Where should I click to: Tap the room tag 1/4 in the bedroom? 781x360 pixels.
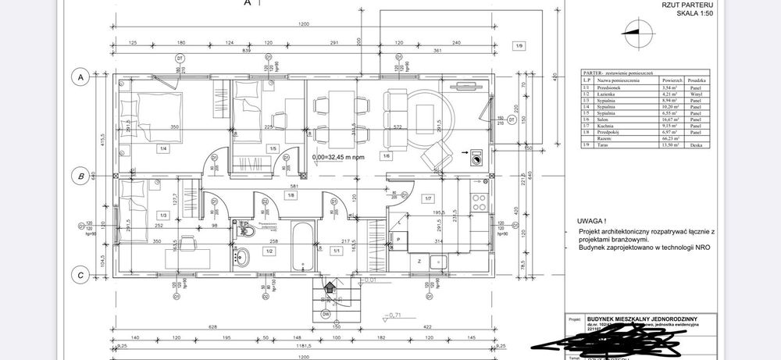point(163,148)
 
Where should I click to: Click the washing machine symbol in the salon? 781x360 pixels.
point(476,161)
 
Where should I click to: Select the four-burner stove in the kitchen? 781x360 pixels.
point(479,202)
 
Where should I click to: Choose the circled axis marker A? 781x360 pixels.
point(79,77)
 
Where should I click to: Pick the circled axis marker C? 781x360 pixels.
point(79,275)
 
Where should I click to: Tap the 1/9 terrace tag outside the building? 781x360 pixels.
point(519,46)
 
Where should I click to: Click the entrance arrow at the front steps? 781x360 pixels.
point(329,287)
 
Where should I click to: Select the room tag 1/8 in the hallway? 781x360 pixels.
point(290,195)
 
